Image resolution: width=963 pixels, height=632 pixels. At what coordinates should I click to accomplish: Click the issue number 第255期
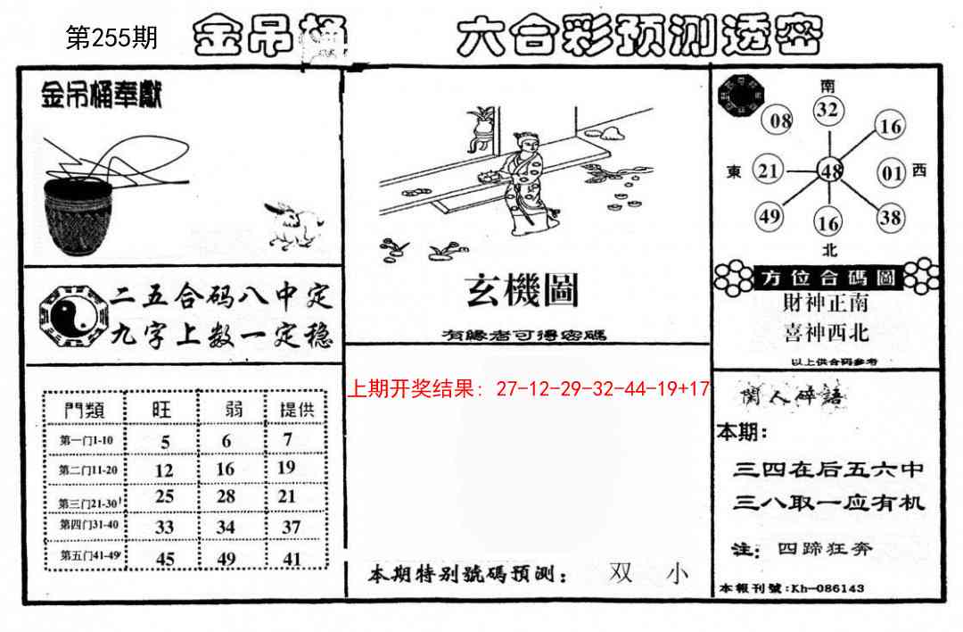click(112, 37)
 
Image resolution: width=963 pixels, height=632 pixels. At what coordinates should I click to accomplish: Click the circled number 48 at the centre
click(831, 170)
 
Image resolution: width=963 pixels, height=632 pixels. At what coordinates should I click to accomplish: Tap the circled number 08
click(779, 121)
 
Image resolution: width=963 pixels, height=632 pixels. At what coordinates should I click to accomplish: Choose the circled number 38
click(889, 216)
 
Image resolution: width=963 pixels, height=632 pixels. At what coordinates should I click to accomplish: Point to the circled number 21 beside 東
click(769, 170)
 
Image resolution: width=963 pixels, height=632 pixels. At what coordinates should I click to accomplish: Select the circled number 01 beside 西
click(892, 171)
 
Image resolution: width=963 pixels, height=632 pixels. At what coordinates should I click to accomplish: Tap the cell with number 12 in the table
click(164, 470)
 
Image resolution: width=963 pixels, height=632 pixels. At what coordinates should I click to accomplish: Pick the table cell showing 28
click(226, 496)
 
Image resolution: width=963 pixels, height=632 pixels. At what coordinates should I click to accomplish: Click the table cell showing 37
click(291, 527)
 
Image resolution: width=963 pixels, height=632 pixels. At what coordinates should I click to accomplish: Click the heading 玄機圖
click(522, 290)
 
